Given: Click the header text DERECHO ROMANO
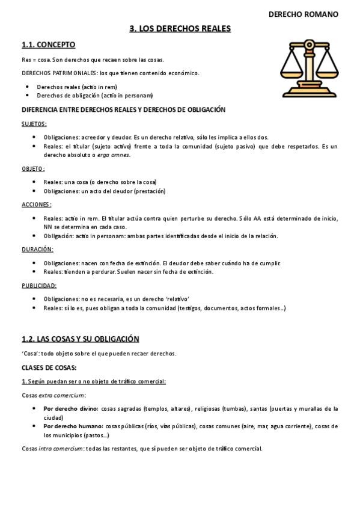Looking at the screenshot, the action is [303, 14].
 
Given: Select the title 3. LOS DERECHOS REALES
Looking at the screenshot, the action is [180, 28].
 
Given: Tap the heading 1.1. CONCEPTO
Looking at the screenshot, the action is [48, 45].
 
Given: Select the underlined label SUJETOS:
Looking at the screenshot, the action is [34, 124].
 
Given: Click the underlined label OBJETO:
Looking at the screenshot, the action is [33, 169].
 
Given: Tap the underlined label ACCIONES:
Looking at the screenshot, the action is [35, 204].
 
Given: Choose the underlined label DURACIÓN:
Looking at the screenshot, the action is [37, 249].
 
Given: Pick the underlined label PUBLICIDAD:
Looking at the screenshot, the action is [39, 285].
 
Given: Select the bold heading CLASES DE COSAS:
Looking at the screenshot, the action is [49, 367].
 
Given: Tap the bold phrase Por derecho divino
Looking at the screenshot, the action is [70, 409].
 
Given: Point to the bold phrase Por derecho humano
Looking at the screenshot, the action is [72, 426].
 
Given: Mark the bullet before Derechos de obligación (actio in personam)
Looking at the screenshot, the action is [28, 95].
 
